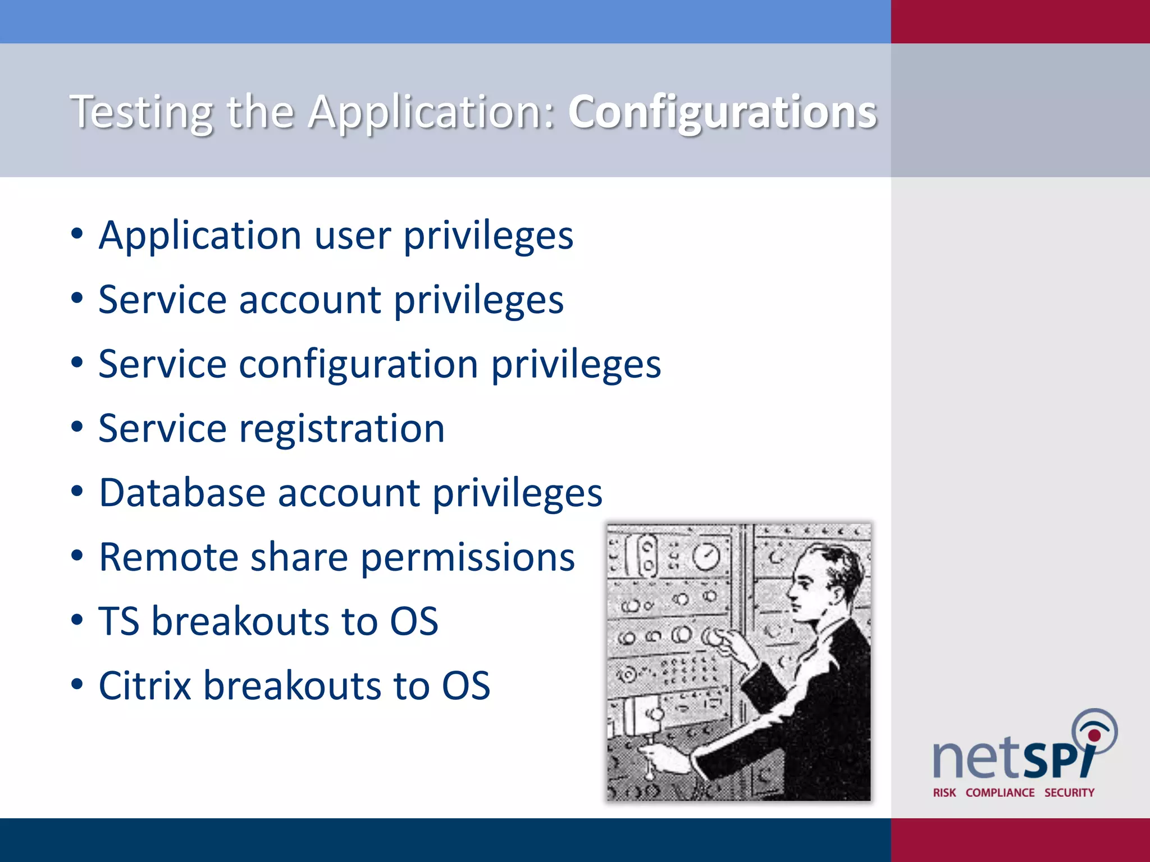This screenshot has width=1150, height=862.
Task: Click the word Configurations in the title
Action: pos(722,112)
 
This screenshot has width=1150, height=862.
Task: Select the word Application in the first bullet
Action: pos(200,236)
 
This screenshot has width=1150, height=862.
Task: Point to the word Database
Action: pos(182,493)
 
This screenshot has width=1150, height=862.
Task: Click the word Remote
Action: pos(168,557)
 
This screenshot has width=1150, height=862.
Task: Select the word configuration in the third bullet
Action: pos(359,365)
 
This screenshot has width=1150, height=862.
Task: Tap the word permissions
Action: pos(467,558)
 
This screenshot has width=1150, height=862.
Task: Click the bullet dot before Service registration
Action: pos(77,427)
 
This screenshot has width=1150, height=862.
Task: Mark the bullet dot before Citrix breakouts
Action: pos(77,685)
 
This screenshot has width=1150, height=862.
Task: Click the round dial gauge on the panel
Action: pos(706,556)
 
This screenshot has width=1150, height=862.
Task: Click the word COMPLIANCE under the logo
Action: pos(1000,792)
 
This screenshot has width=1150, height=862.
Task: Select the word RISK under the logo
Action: pos(944,792)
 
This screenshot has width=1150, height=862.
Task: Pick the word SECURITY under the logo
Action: pos(1069,792)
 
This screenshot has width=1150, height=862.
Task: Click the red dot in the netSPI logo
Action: pos(1094,735)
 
